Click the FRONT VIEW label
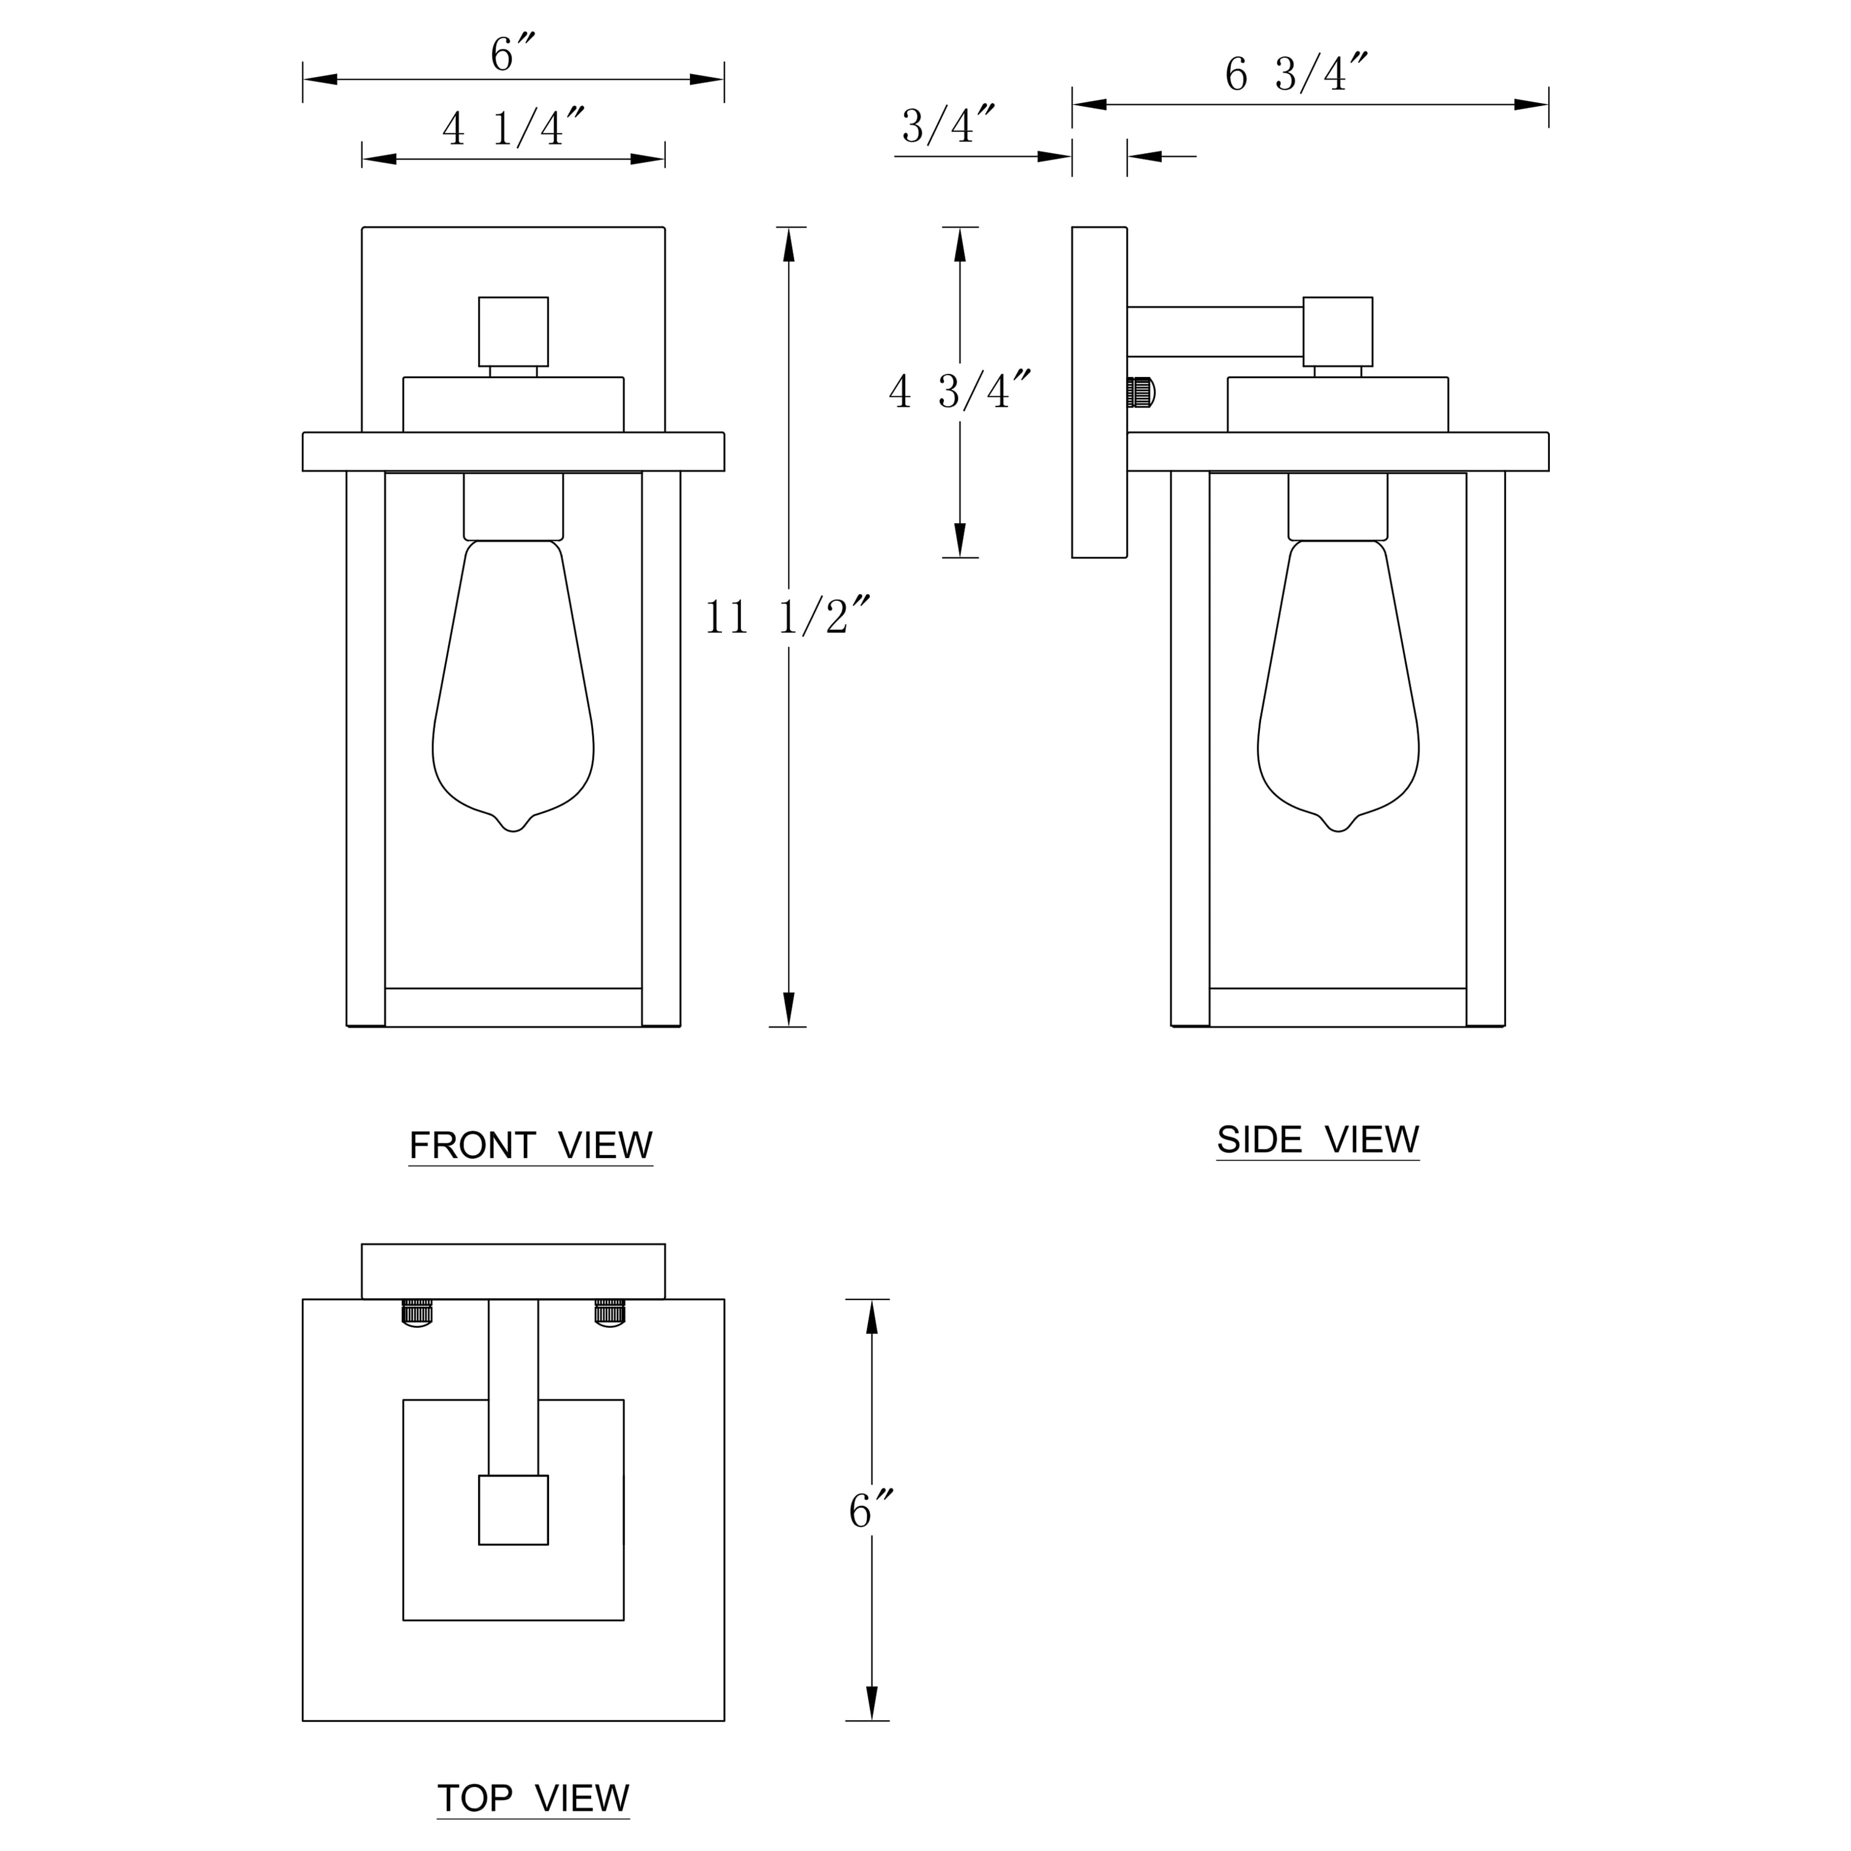tap(531, 1145)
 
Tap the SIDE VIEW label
tap(1317, 1139)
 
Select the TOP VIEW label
tap(534, 1799)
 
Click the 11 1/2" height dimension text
tap(787, 616)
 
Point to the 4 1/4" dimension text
tap(513, 128)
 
